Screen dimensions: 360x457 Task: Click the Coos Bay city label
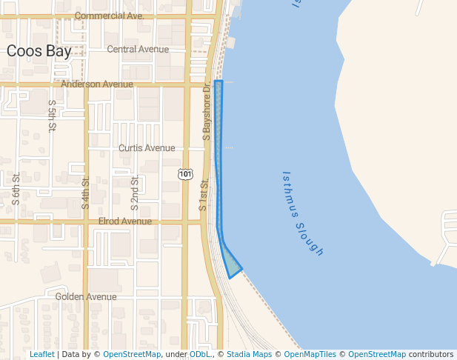(x=39, y=51)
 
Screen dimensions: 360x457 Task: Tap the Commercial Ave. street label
(x=109, y=16)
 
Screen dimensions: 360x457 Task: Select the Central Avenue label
(x=138, y=50)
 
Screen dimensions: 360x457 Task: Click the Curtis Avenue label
(x=147, y=148)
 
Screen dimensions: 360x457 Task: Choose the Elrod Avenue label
(x=124, y=221)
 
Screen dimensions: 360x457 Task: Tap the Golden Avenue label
(x=86, y=297)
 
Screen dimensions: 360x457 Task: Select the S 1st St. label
(x=202, y=193)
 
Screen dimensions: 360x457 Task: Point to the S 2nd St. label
(x=135, y=191)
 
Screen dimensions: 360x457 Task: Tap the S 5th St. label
(x=52, y=116)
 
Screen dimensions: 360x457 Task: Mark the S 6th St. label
(x=16, y=187)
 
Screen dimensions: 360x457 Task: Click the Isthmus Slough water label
(x=303, y=214)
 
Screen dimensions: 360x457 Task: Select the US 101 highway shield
(x=185, y=174)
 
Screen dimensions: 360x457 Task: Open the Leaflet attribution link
(x=42, y=355)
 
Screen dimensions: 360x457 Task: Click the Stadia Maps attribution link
(x=249, y=355)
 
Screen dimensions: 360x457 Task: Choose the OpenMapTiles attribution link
(x=310, y=355)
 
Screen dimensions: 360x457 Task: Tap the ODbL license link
(x=200, y=355)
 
